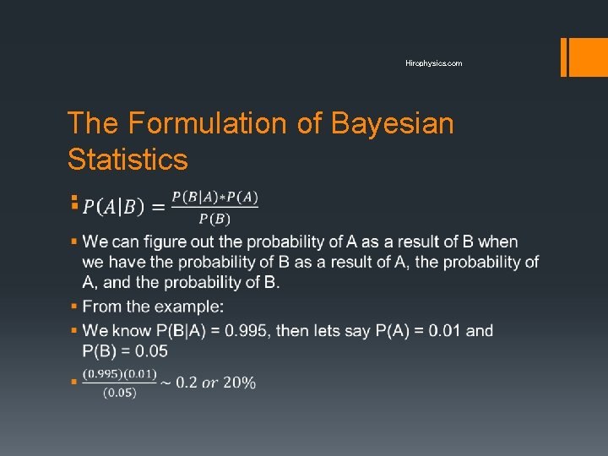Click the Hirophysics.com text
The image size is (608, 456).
[x=433, y=63]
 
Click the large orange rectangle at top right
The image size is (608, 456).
[x=582, y=57]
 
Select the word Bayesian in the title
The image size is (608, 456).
[x=392, y=123]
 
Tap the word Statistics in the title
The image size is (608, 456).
[x=128, y=159]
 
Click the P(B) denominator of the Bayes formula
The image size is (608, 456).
[x=214, y=220]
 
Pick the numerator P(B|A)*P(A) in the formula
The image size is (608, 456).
[x=214, y=198]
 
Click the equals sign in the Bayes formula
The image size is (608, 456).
[x=157, y=207]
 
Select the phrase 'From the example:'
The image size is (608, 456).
[x=153, y=306]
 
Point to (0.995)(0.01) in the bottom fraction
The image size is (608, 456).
[x=119, y=374]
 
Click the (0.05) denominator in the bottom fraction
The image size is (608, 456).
[x=119, y=392]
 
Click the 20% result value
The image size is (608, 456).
[x=239, y=383]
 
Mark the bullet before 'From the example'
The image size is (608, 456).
[x=74, y=306]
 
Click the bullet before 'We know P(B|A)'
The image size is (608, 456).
[x=74, y=330]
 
